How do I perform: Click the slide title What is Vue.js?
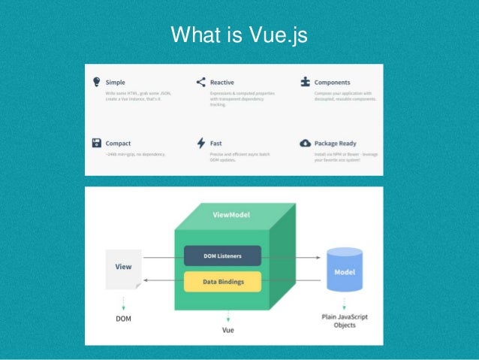(x=239, y=35)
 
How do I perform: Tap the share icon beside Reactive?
(x=200, y=82)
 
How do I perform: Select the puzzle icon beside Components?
(x=305, y=82)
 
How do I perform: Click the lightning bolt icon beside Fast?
(x=200, y=143)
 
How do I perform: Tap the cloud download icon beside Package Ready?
(x=305, y=143)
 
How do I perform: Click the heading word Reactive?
(x=222, y=82)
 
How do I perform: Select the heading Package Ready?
(x=336, y=143)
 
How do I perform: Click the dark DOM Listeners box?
(x=222, y=256)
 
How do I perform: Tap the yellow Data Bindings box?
(x=222, y=281)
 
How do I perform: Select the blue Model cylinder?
(x=346, y=271)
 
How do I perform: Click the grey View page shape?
(x=123, y=268)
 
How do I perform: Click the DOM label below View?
(x=123, y=318)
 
